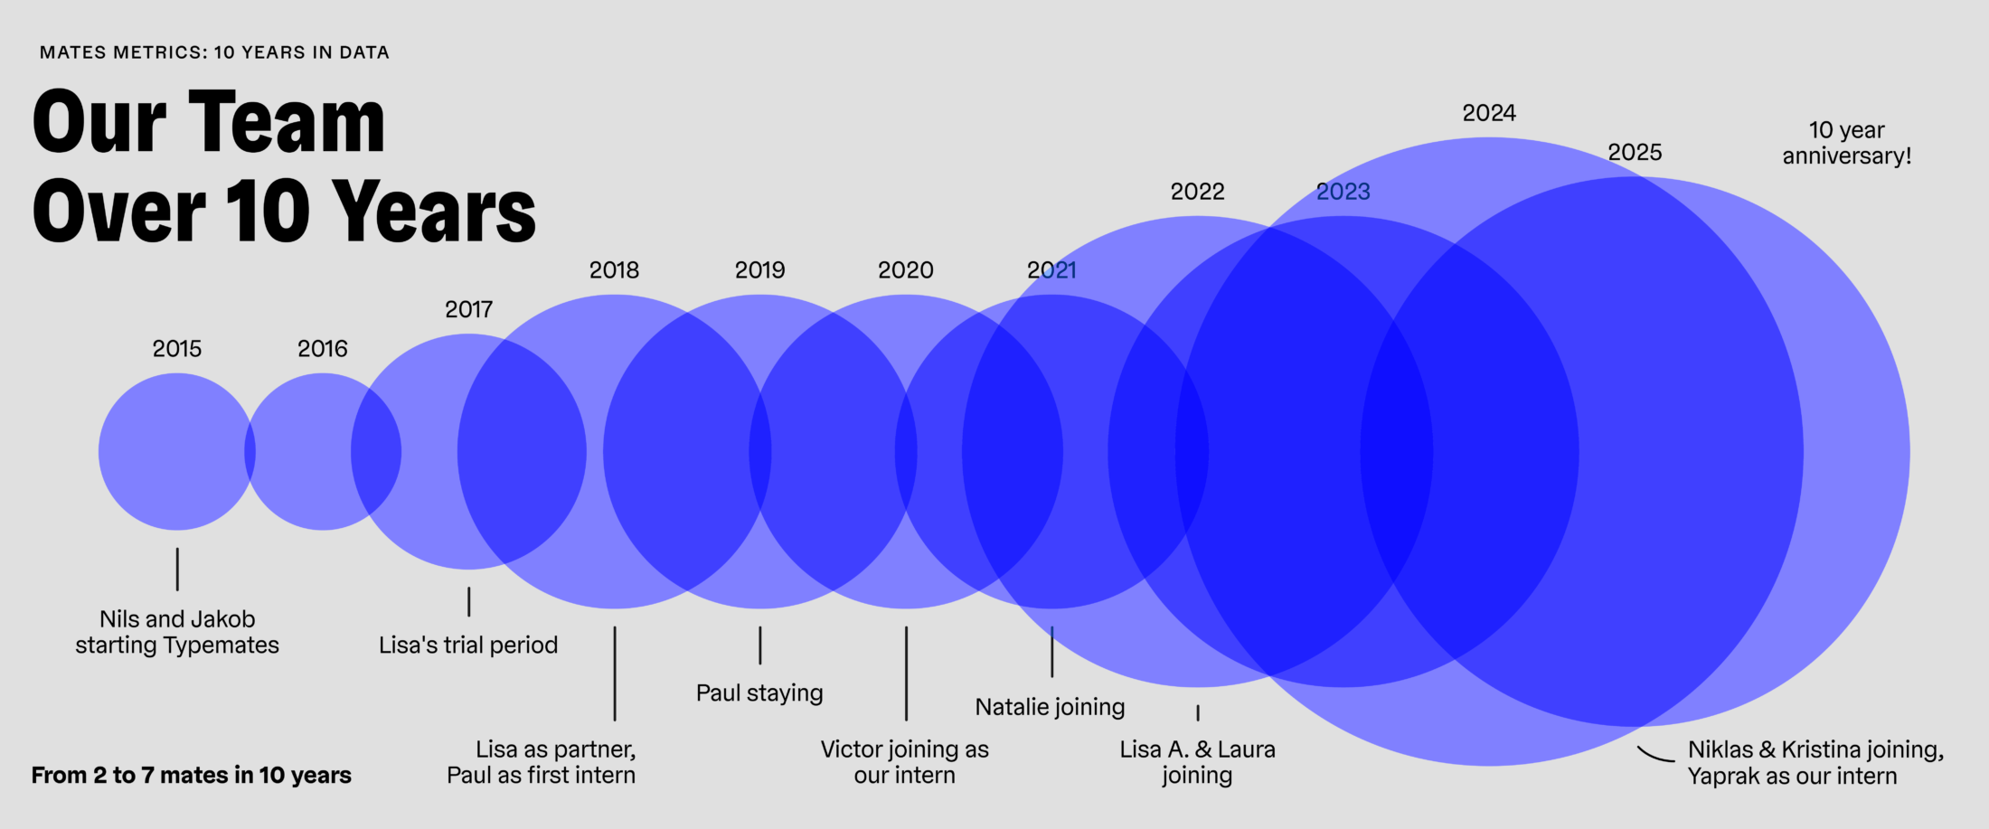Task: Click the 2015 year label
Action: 177,349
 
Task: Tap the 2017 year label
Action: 468,310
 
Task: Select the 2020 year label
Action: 905,270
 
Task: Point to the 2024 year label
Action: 1489,114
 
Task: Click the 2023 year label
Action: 1343,192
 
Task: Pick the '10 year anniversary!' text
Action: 1846,143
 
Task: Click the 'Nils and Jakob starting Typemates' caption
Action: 177,632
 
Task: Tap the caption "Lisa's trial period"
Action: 468,645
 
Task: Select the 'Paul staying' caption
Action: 759,693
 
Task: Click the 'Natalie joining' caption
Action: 1050,707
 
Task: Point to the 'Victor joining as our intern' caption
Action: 904,762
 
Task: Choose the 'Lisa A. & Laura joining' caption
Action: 1197,762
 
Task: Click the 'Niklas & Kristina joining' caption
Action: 1815,750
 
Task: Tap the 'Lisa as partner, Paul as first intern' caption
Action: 542,762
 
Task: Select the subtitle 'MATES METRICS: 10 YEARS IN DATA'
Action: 214,52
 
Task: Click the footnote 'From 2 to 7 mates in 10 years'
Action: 192,776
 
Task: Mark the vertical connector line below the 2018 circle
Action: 615,674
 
